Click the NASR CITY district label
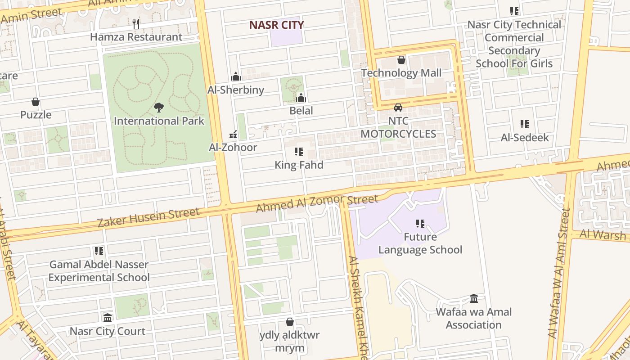pos(276,25)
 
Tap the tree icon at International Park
pos(158,108)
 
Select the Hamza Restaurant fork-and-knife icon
pos(136,23)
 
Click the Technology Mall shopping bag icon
pos(401,60)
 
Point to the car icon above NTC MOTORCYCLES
pos(398,108)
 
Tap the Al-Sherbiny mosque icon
pos(236,76)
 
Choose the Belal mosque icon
pos(301,98)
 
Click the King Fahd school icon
pos(299,152)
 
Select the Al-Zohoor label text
pos(233,147)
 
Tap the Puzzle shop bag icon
pos(36,102)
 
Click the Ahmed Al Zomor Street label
pos(317,203)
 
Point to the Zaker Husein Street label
pos(148,217)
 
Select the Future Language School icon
pos(420,224)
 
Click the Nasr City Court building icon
pos(108,318)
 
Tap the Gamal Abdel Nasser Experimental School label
pos(99,270)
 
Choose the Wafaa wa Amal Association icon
pos(474,299)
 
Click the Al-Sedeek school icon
pos(525,124)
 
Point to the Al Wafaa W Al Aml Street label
pos(559,274)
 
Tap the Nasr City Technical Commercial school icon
pos(514,11)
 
